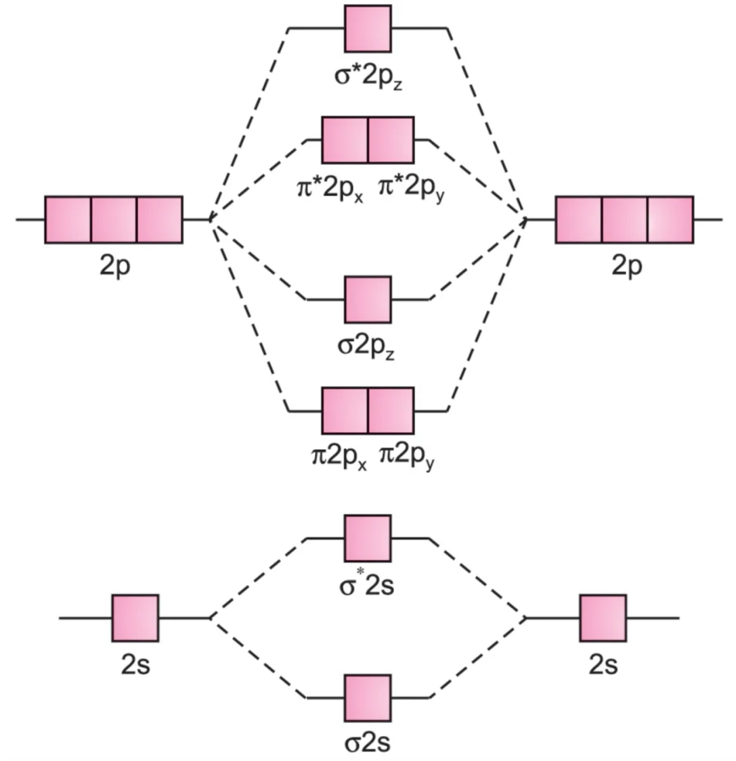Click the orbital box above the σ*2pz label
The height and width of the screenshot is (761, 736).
368,29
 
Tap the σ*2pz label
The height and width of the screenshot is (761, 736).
368,75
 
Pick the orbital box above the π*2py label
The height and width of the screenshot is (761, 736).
391,140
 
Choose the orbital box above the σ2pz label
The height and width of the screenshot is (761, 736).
368,299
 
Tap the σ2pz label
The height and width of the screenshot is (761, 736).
366,345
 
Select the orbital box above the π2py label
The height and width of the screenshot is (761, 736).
391,411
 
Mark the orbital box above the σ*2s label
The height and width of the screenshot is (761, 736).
368,538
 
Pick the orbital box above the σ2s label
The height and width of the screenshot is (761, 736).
368,697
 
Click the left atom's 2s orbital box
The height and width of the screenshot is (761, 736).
135,618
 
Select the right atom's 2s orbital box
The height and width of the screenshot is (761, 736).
603,618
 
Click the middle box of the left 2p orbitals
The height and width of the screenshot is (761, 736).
114,220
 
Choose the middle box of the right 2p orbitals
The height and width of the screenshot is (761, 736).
624,220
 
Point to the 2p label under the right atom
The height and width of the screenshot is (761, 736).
626,266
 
